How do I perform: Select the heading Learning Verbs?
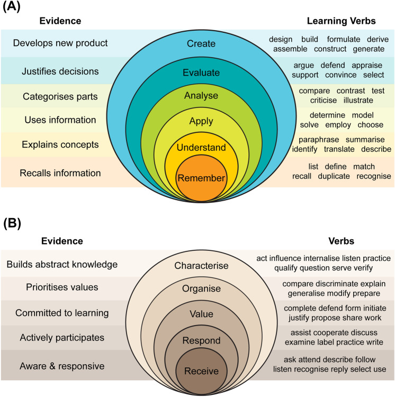coord(343,22)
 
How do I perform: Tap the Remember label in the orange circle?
coord(201,178)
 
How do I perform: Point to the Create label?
coord(201,43)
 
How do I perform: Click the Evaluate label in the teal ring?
coord(201,73)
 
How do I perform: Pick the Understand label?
coord(201,148)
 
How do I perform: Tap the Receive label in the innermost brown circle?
coord(201,371)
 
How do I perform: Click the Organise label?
coord(201,290)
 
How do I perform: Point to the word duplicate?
coord(334,176)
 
